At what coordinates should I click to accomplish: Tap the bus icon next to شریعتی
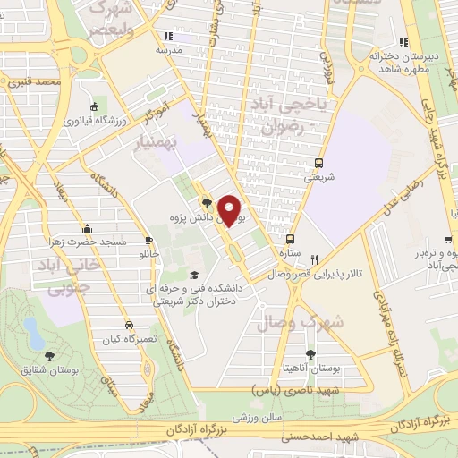pyautogui.click(x=318, y=163)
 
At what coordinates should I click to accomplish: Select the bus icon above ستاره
pyautogui.click(x=291, y=239)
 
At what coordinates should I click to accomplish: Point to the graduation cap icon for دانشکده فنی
pyautogui.click(x=194, y=275)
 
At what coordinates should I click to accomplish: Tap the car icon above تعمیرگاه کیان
pyautogui.click(x=129, y=325)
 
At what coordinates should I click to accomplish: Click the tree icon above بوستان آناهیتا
pyautogui.click(x=310, y=355)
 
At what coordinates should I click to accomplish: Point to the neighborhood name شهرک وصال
pyautogui.click(x=290, y=321)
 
